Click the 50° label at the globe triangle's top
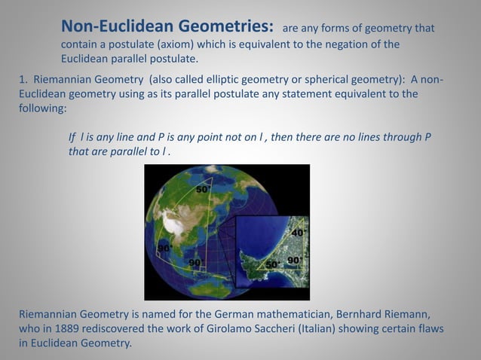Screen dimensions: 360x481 [203, 190]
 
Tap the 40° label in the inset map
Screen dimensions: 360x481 [298, 233]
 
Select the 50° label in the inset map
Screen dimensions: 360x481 [273, 264]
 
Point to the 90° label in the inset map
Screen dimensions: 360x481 [294, 260]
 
